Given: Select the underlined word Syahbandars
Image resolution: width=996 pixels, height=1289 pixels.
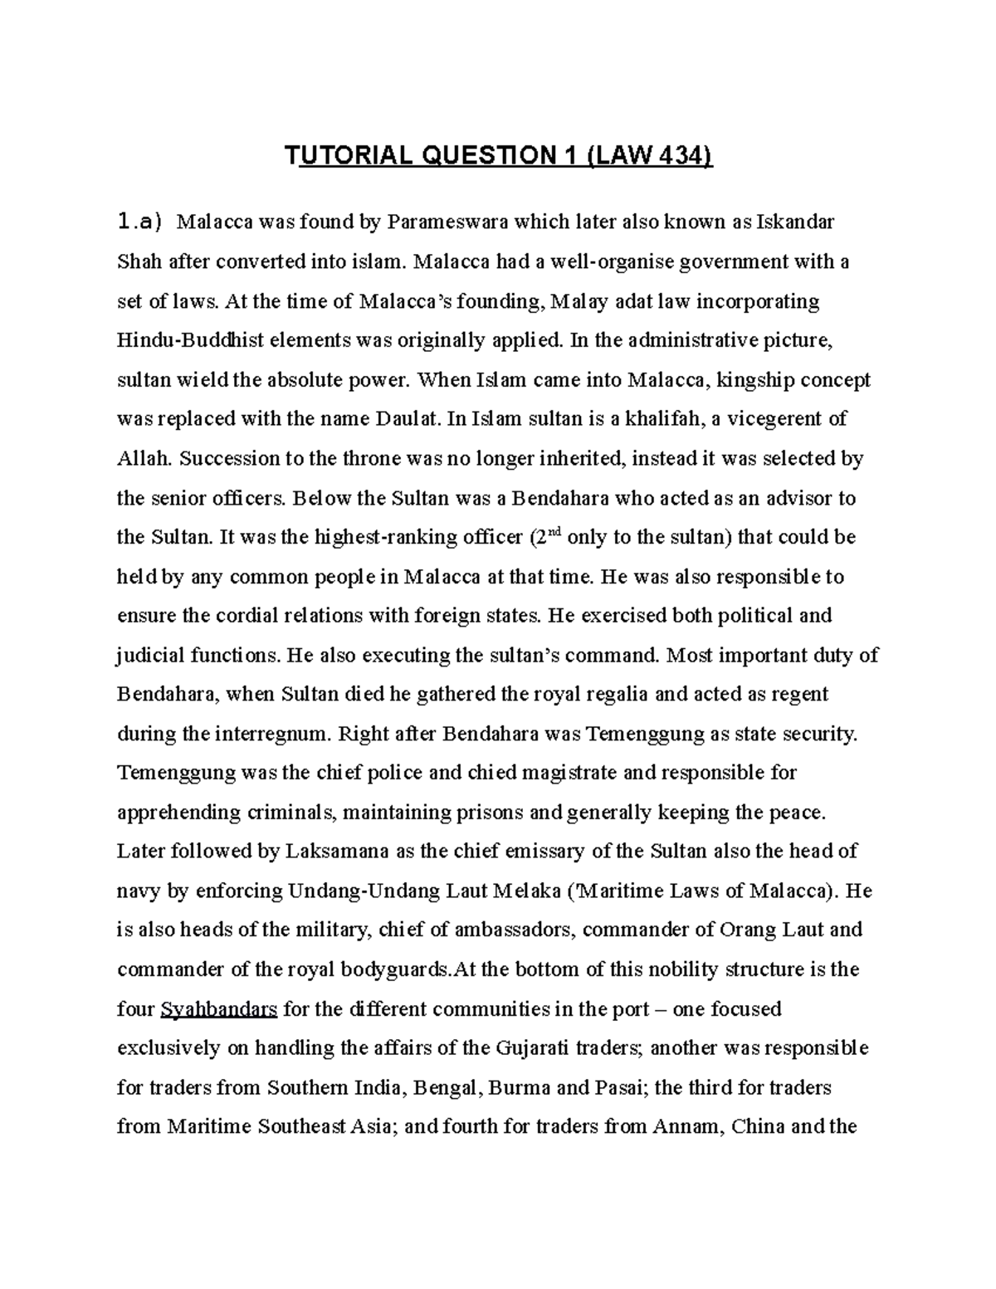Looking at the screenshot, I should click(x=218, y=1010).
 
